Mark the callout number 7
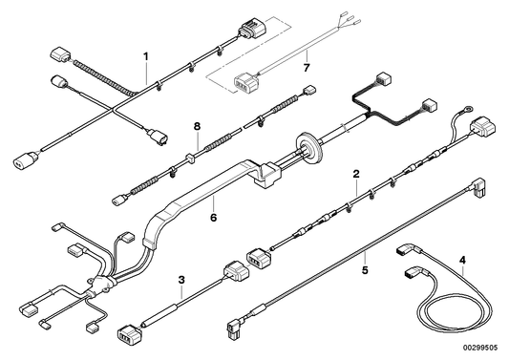pyautogui.click(x=306, y=69)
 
